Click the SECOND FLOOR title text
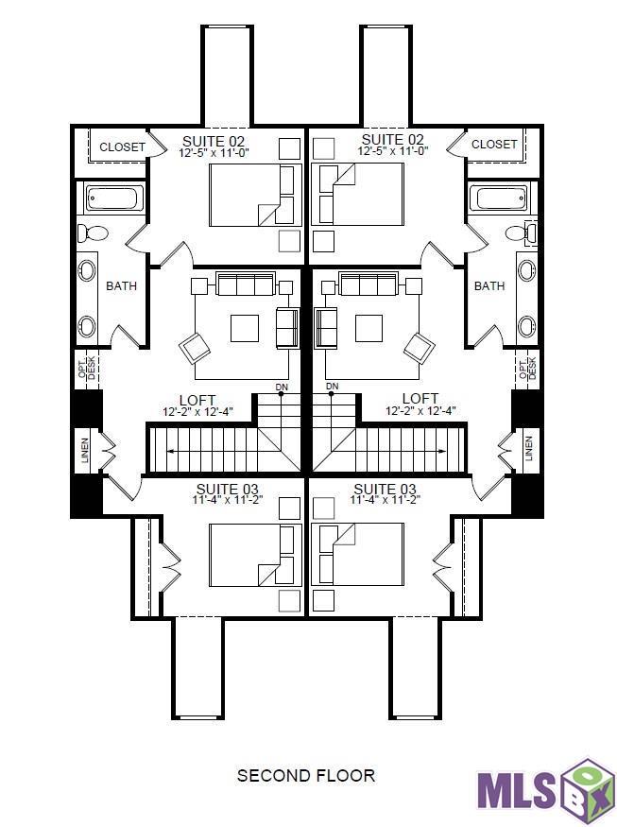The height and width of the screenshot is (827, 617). pyautogui.click(x=305, y=776)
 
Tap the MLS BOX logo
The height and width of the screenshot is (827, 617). pyautogui.click(x=545, y=784)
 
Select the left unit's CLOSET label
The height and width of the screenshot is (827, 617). pyautogui.click(x=122, y=147)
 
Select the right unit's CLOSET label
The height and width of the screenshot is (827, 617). pyautogui.click(x=494, y=145)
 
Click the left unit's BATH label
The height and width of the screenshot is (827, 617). pyautogui.click(x=121, y=285)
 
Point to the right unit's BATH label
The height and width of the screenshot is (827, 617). pyautogui.click(x=488, y=285)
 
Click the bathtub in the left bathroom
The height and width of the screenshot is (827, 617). pyautogui.click(x=113, y=198)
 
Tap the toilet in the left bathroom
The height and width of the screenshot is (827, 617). pyautogui.click(x=94, y=233)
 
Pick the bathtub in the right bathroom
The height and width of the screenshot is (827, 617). pyautogui.click(x=501, y=198)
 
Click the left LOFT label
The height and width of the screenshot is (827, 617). pyautogui.click(x=197, y=400)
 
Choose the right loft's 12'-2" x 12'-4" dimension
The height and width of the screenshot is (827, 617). pyautogui.click(x=420, y=411)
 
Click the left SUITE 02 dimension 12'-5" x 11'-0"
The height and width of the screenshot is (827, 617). pyautogui.click(x=214, y=152)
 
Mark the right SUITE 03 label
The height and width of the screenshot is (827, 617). pyautogui.click(x=385, y=489)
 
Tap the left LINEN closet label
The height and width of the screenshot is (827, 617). pyautogui.click(x=86, y=450)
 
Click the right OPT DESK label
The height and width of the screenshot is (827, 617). pyautogui.click(x=527, y=367)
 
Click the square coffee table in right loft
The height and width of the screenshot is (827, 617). pyautogui.click(x=368, y=328)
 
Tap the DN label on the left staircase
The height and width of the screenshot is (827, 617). pyautogui.click(x=281, y=387)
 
